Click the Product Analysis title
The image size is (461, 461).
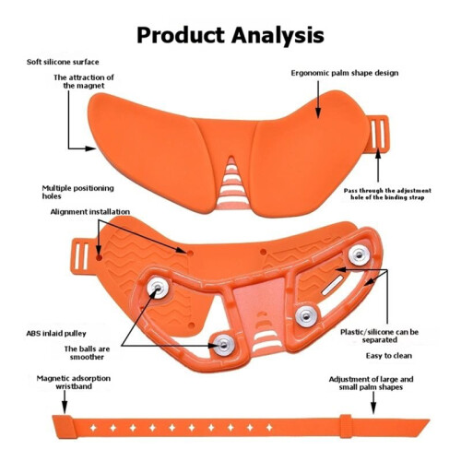click(230, 36)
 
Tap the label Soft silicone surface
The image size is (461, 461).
click(63, 62)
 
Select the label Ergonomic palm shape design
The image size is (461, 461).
click(345, 73)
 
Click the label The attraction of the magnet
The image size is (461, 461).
click(84, 81)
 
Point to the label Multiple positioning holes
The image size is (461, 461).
click(77, 192)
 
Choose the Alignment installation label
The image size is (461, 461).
click(90, 212)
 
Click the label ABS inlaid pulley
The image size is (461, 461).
click(56, 334)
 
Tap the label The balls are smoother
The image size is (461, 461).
click(87, 353)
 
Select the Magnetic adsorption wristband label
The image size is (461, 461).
click(74, 383)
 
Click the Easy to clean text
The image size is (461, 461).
click(389, 356)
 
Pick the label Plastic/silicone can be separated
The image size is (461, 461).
click(380, 336)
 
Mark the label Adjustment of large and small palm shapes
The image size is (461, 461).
click(371, 383)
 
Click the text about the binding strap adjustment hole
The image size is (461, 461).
click(387, 194)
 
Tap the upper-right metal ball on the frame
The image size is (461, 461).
click(359, 255)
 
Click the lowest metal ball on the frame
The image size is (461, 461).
click(224, 345)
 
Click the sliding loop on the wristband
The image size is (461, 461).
click(346, 426)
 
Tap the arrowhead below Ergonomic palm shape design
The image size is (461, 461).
click(318, 112)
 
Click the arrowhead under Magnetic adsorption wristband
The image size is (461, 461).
click(65, 408)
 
